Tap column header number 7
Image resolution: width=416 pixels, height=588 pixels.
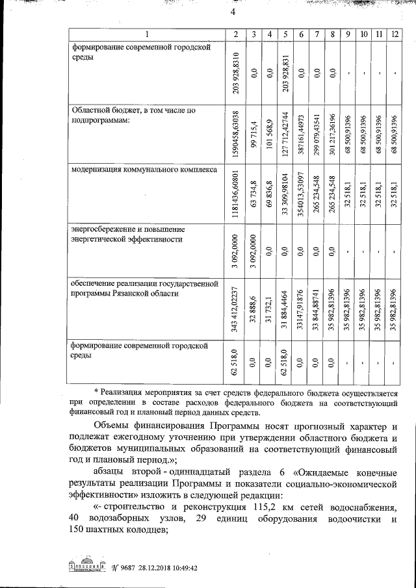(315, 34)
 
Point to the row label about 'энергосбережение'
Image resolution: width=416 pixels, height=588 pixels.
(127, 234)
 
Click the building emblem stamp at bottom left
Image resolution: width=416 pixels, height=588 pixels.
(88, 566)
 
